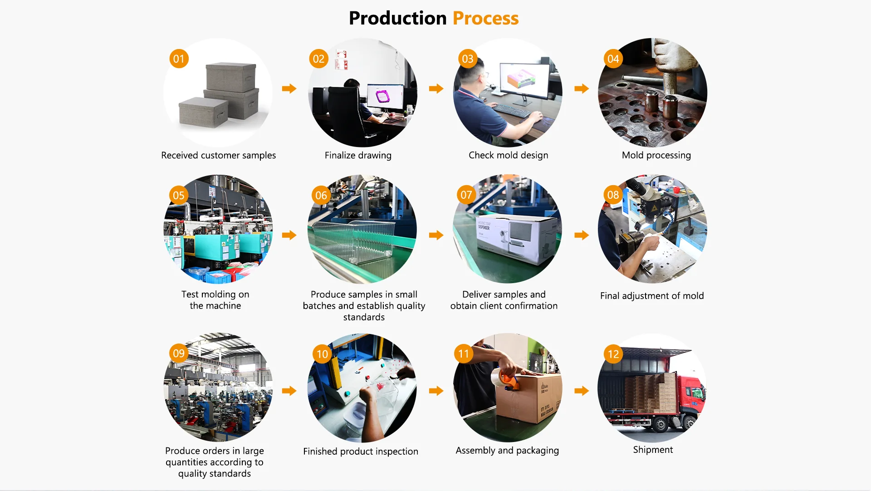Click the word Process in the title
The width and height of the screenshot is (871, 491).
[x=485, y=19]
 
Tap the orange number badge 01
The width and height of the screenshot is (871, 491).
[x=179, y=59]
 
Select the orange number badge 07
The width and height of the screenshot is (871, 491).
[x=466, y=195]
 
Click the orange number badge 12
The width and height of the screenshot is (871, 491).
[x=613, y=354]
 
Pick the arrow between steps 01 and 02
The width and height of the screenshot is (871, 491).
[x=289, y=88]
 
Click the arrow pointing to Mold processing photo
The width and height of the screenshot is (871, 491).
[x=581, y=88]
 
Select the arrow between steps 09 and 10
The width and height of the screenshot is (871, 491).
[x=289, y=391]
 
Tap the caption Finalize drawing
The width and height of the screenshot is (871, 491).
[x=358, y=155]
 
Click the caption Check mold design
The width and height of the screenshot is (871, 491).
[x=508, y=155]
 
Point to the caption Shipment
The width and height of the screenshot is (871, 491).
[x=653, y=450]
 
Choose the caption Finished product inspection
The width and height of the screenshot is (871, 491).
[x=361, y=452]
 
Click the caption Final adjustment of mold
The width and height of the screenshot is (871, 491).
[x=652, y=296]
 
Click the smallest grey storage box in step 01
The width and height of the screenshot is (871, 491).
[x=202, y=112]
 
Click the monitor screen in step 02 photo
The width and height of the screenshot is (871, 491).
[x=385, y=97]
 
